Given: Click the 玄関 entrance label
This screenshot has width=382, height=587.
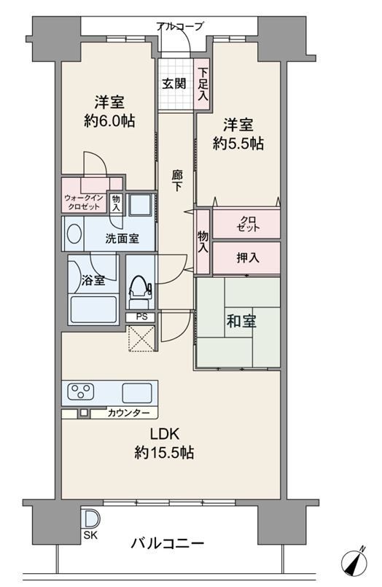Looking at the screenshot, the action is (x=174, y=83).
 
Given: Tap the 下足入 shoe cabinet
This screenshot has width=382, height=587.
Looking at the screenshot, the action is (x=203, y=85).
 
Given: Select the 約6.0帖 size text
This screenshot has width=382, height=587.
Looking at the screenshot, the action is (x=109, y=120).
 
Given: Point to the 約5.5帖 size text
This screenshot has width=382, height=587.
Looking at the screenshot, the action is (x=238, y=143).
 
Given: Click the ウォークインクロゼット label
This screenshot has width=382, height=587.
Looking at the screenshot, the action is (x=84, y=202).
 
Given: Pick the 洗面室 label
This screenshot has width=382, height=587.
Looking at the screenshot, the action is (x=122, y=238).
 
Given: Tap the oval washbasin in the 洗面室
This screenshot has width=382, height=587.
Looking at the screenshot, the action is (x=74, y=233).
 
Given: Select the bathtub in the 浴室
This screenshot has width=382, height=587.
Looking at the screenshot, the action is (x=93, y=309).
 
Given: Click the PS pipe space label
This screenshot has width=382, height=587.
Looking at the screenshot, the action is (x=142, y=317).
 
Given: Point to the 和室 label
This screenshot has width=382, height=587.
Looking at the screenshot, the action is (x=241, y=321).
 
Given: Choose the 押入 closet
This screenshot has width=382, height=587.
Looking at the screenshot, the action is (x=246, y=258).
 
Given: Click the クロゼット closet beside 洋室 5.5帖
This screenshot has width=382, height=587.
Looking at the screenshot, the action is (x=246, y=223).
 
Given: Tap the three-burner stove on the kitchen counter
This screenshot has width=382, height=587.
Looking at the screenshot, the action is (x=81, y=392).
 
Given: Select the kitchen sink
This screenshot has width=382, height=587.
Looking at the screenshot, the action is (x=137, y=393).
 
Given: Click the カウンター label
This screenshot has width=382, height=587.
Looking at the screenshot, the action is (x=128, y=413).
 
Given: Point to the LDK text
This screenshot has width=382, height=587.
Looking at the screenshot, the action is (x=165, y=434).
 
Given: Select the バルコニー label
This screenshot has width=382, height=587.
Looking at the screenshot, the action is (x=168, y=543).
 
